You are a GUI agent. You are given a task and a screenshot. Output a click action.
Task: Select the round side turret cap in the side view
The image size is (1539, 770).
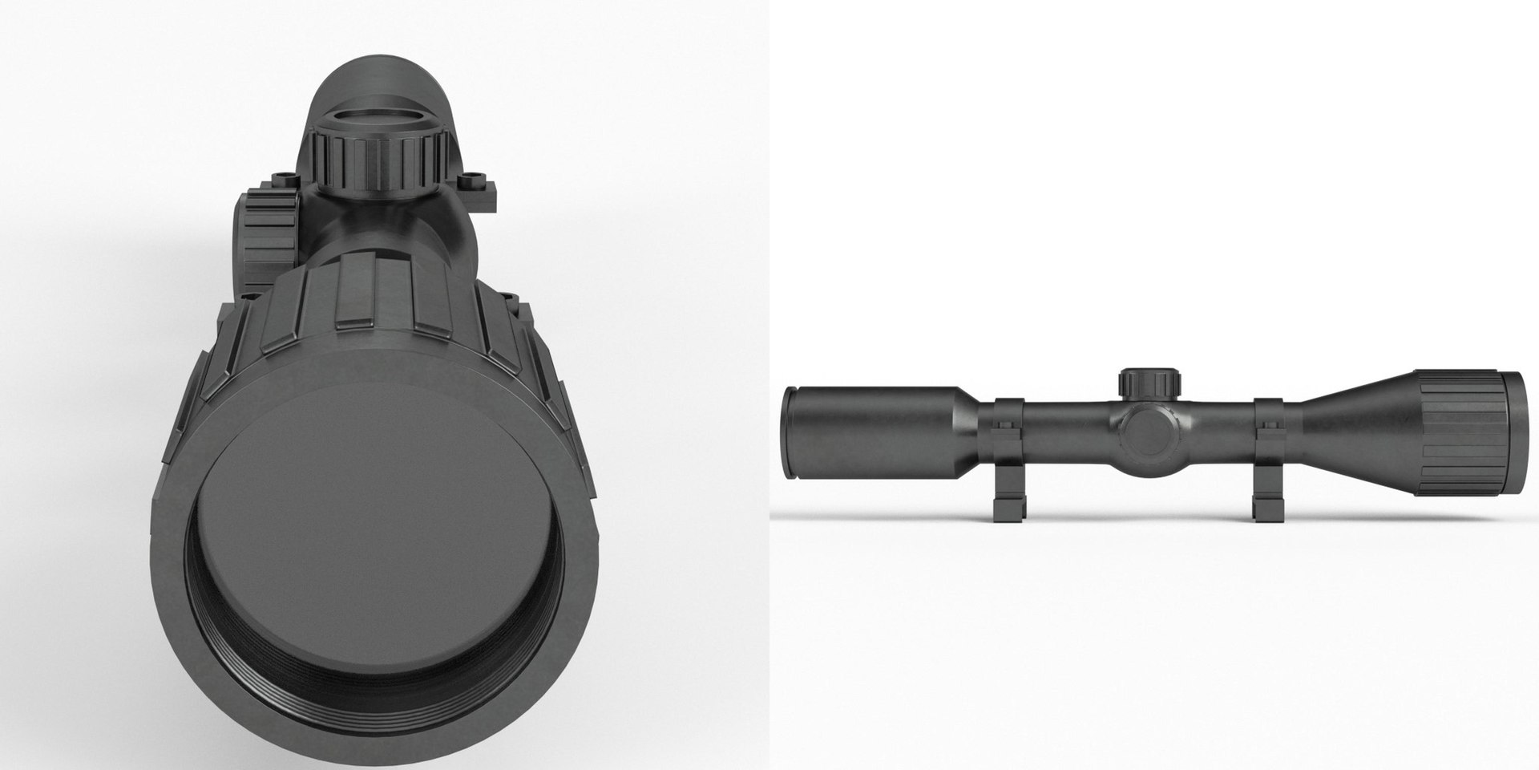1147,434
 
